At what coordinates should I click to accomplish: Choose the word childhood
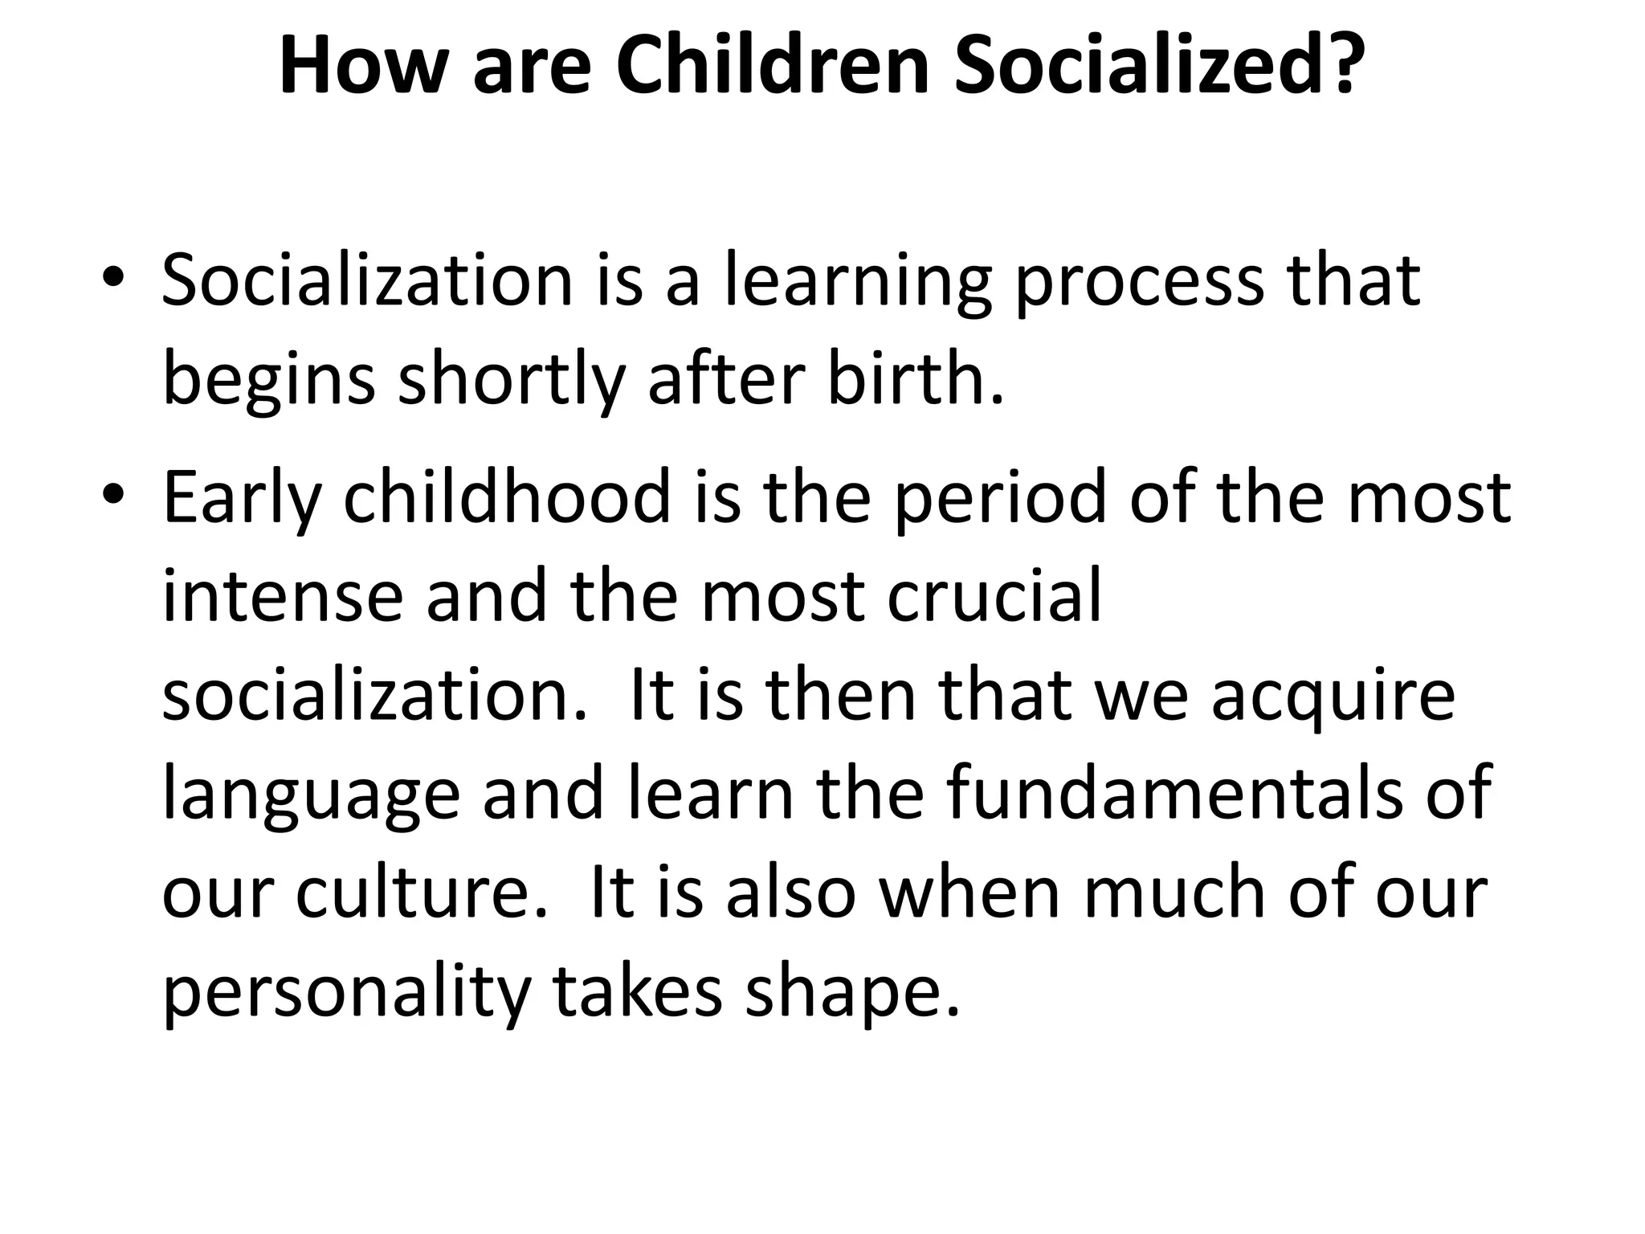tap(507, 496)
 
